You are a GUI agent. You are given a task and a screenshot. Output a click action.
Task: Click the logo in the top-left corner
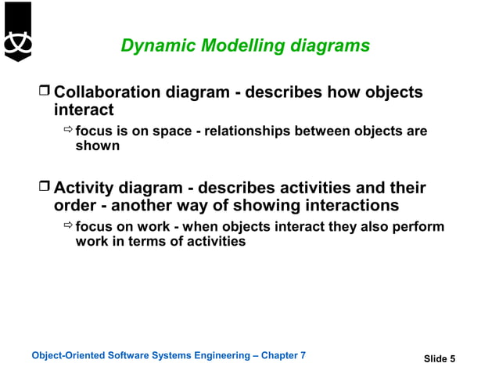click(x=17, y=32)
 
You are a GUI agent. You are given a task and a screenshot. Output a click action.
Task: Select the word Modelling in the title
click(x=238, y=46)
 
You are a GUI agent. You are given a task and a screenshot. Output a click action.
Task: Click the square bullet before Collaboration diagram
click(x=44, y=93)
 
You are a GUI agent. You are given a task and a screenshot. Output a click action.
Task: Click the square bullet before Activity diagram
click(x=44, y=189)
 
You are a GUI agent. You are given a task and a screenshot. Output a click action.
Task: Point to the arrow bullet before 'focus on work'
click(x=67, y=227)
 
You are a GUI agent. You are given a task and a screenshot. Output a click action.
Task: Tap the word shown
click(x=97, y=146)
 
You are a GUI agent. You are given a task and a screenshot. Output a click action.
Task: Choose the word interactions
click(x=352, y=206)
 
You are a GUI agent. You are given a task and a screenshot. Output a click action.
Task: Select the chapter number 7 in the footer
click(x=303, y=356)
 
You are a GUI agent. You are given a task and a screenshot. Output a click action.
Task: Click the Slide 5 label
click(x=439, y=359)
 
